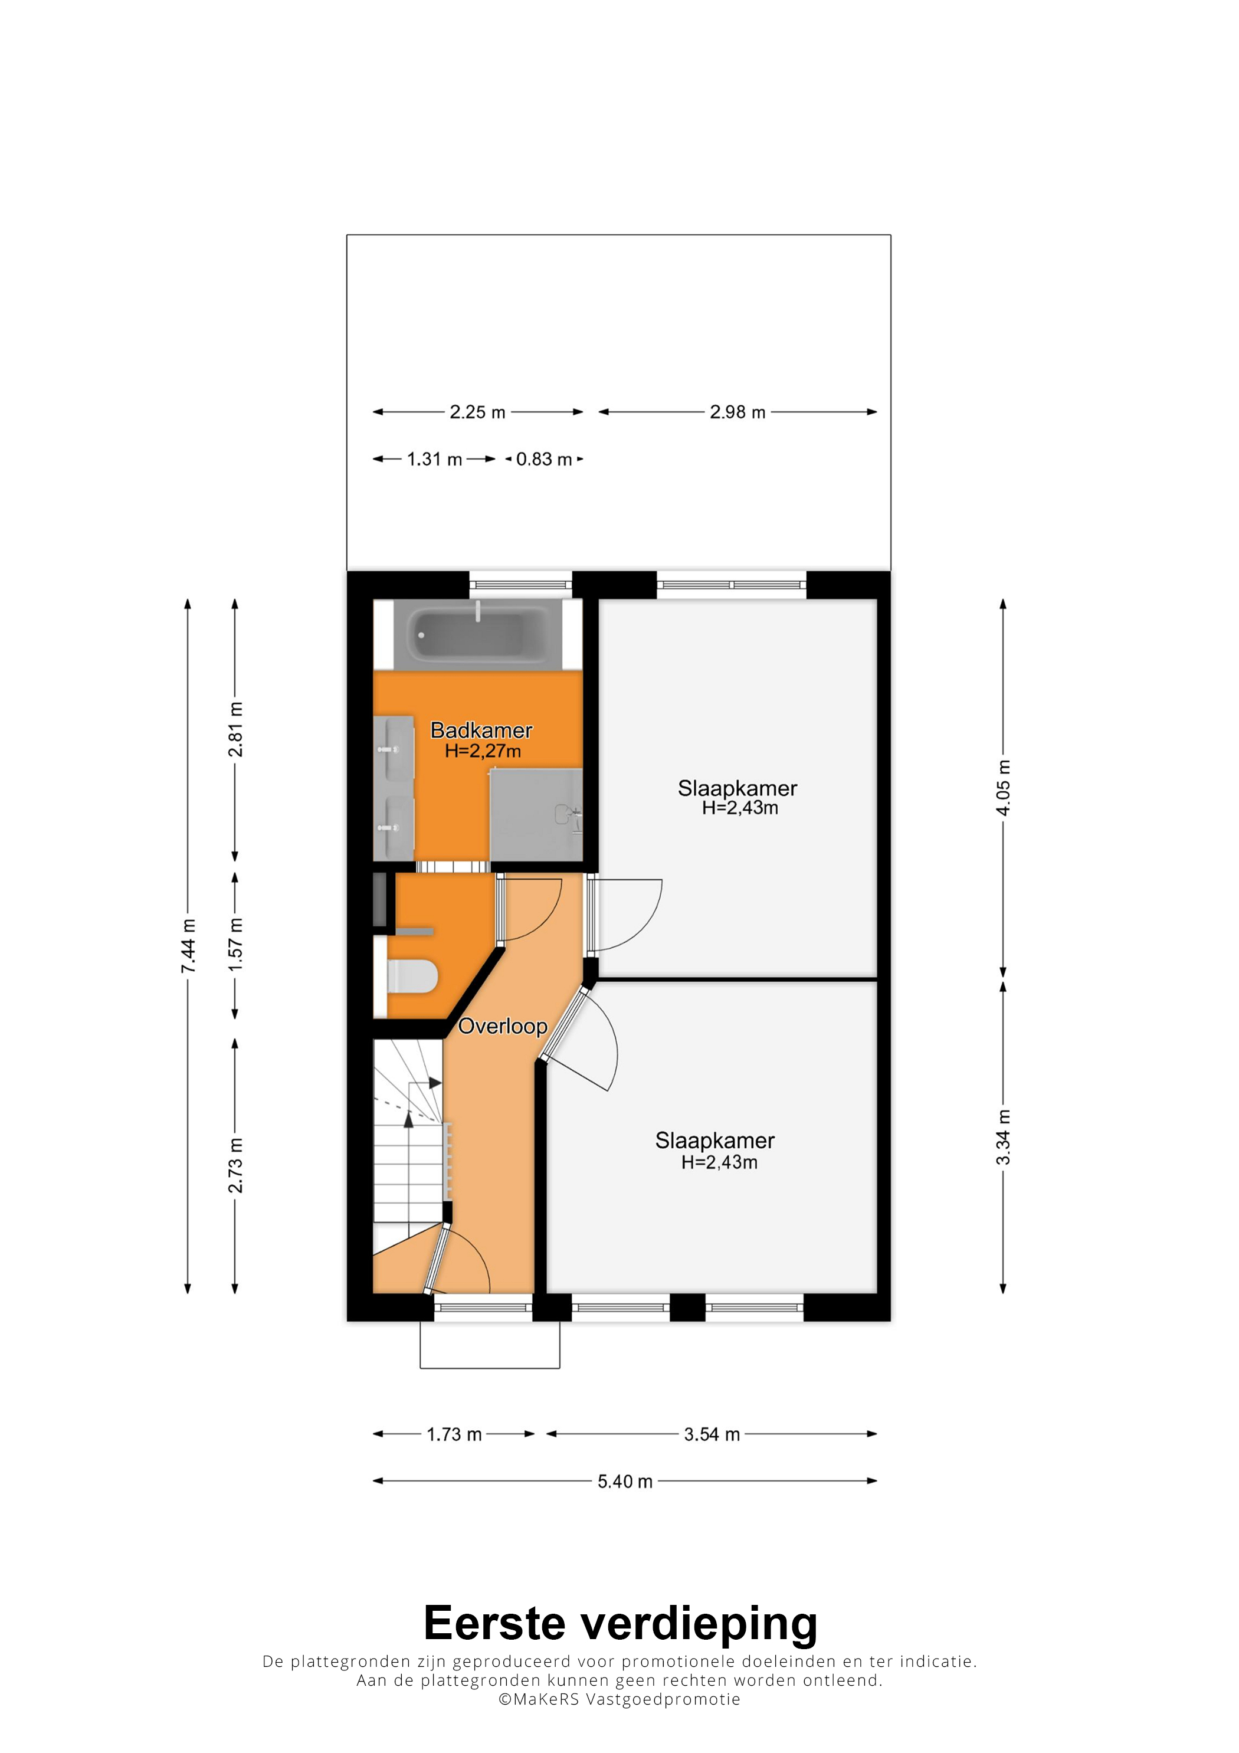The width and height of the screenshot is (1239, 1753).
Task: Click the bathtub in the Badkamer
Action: (478, 634)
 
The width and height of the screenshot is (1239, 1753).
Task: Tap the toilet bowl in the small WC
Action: (413, 977)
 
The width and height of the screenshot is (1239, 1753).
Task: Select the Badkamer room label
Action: (481, 730)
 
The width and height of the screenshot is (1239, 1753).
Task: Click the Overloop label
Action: (502, 1025)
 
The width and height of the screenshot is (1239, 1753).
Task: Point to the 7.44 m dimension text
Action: (188, 946)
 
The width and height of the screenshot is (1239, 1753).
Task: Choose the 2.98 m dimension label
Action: (737, 412)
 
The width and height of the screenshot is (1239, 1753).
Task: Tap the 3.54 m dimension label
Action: (712, 1434)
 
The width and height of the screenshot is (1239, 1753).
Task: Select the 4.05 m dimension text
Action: (1003, 788)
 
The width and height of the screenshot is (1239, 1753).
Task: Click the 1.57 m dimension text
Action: (235, 945)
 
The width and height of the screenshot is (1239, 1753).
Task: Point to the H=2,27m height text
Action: (483, 751)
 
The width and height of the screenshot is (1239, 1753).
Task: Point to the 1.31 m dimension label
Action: (434, 460)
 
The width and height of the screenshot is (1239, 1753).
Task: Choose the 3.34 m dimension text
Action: (1003, 1138)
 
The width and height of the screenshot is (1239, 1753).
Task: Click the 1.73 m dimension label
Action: (454, 1434)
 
